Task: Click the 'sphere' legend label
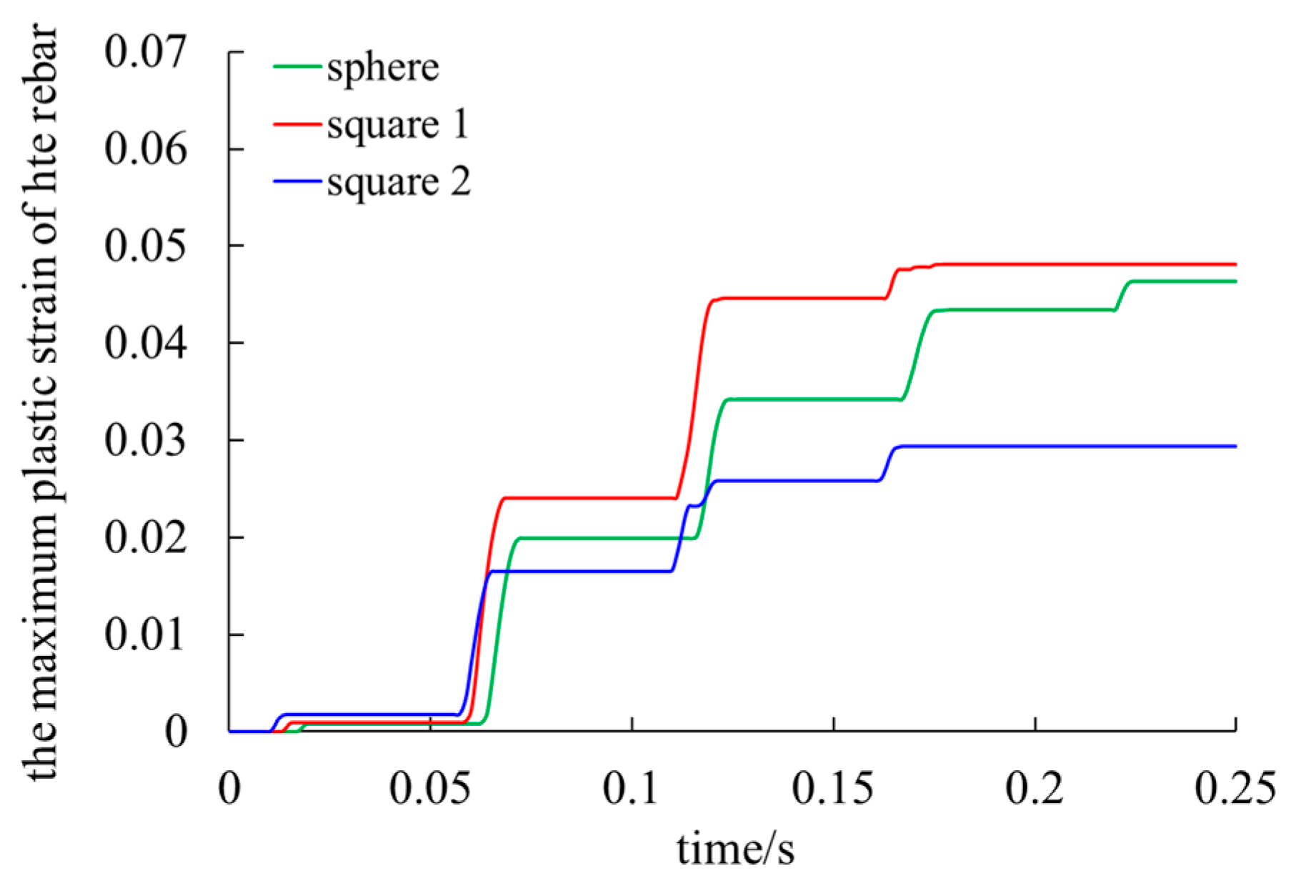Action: (x=383, y=68)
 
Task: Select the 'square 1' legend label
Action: (x=398, y=125)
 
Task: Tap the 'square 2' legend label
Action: (x=399, y=182)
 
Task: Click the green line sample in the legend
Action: (x=296, y=66)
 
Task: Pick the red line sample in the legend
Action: (x=296, y=124)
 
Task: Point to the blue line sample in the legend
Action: (x=296, y=181)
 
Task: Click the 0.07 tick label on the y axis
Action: (x=145, y=51)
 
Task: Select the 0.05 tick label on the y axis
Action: (x=145, y=246)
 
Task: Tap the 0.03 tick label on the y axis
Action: (x=145, y=440)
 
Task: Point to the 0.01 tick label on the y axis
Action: (x=145, y=634)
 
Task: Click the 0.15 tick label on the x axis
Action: (x=832, y=789)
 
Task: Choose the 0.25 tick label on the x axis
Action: (x=1235, y=789)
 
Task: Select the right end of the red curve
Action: (x=1235, y=264)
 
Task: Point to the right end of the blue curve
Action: (x=1235, y=447)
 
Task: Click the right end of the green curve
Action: (x=1235, y=282)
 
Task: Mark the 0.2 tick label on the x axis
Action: (x=1034, y=789)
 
